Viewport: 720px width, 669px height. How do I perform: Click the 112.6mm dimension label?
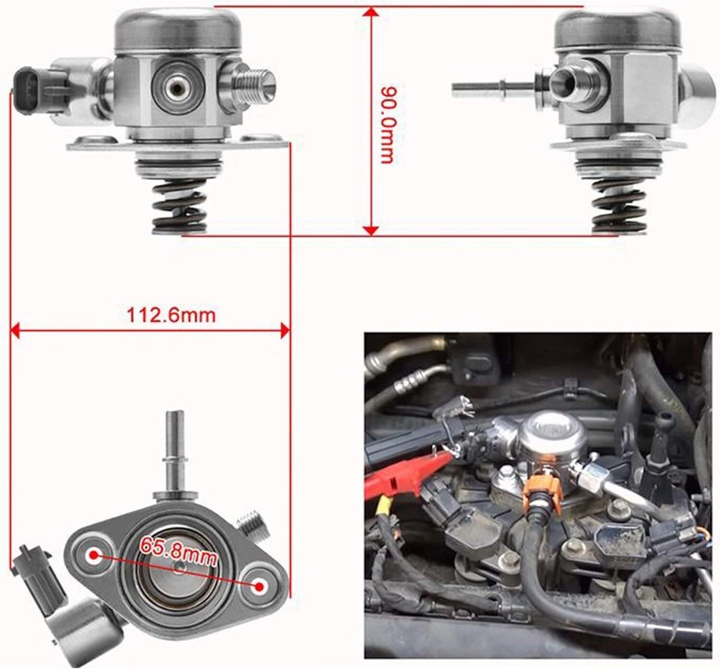click(x=171, y=315)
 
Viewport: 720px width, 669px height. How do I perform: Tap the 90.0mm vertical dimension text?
click(x=386, y=124)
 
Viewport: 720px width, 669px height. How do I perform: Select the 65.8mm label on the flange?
click(x=178, y=550)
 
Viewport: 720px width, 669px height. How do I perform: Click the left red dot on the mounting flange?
click(x=94, y=555)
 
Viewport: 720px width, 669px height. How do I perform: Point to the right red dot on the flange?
click(x=259, y=586)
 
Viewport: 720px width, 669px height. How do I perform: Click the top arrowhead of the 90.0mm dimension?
click(x=370, y=12)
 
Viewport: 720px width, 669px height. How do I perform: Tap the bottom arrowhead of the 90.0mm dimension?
click(x=370, y=230)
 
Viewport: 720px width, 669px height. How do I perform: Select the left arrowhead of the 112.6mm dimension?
click(x=15, y=330)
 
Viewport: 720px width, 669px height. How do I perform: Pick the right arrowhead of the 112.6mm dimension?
click(x=285, y=330)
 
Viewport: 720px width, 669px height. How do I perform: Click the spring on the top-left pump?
click(x=179, y=205)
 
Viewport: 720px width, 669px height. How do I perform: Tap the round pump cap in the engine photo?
click(x=553, y=435)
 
